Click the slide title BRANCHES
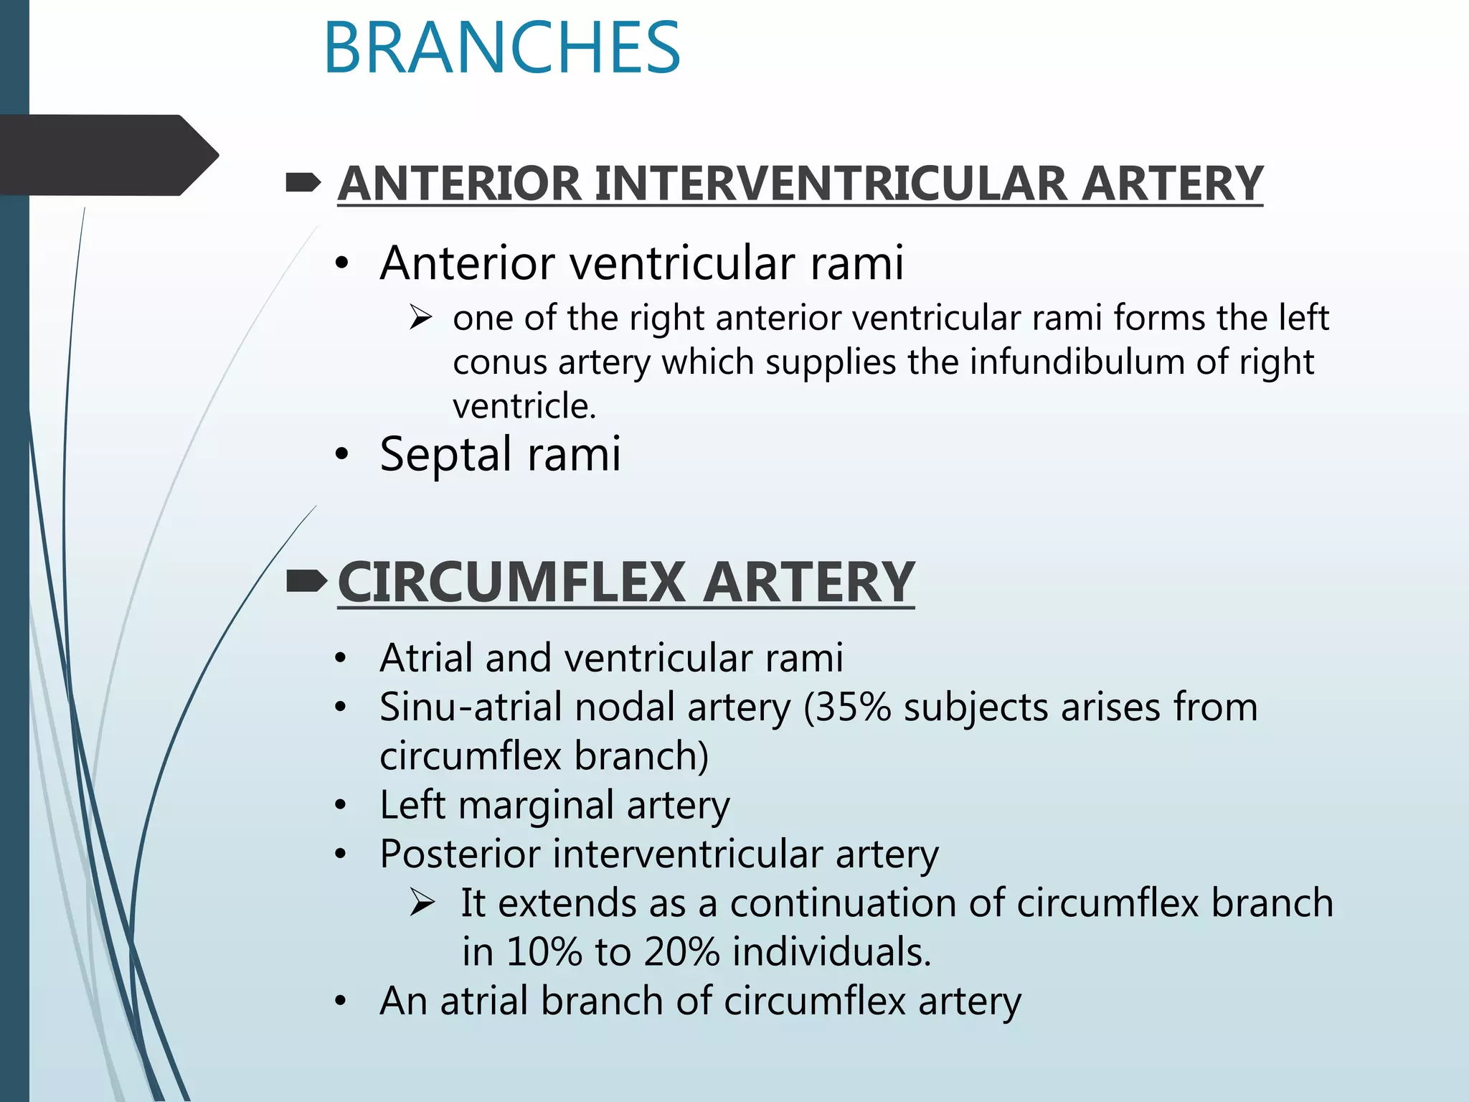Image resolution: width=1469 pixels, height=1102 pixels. click(x=501, y=48)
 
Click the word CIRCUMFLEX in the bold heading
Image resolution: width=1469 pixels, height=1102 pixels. click(x=511, y=582)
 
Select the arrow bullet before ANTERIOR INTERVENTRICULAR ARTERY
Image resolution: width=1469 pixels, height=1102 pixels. click(x=303, y=184)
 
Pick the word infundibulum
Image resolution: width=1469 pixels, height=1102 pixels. click(x=1076, y=362)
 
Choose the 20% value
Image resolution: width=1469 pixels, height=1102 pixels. click(x=681, y=952)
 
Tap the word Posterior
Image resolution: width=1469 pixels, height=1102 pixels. click(x=460, y=854)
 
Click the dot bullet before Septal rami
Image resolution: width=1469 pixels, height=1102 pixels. click(x=341, y=455)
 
